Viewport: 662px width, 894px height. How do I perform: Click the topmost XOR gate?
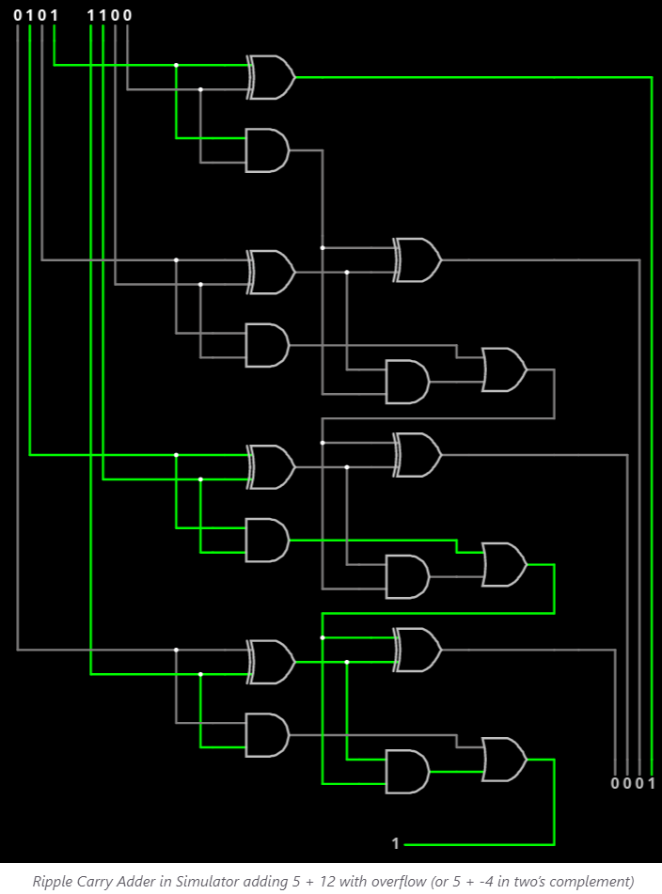(271, 77)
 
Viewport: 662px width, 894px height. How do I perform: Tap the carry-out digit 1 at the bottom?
(396, 843)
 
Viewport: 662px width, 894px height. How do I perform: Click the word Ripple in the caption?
(49, 882)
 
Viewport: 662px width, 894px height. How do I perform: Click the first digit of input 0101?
(17, 15)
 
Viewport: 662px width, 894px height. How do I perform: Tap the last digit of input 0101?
(55, 15)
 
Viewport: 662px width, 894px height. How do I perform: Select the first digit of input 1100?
(90, 15)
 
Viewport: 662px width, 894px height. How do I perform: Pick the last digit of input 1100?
(127, 15)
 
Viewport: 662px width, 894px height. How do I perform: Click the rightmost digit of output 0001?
(651, 783)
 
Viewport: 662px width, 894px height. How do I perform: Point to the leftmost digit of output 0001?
(615, 783)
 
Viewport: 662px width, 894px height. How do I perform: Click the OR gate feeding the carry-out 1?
(504, 760)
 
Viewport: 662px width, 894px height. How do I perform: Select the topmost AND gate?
(267, 150)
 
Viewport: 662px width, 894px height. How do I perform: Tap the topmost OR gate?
(504, 369)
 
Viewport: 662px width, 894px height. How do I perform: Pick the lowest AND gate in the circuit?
(407, 772)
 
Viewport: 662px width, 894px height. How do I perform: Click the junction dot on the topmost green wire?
(176, 65)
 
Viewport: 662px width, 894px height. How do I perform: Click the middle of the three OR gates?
(504, 564)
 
